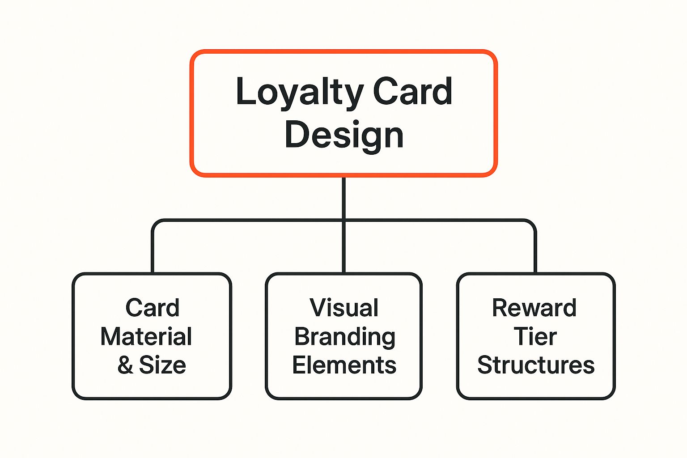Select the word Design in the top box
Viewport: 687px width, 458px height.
[344, 135]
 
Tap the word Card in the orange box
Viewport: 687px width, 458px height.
[412, 92]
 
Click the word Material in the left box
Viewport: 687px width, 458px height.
[146, 336]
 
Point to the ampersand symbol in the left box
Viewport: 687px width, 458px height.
[125, 365]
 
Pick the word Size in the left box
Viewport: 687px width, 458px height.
[162, 365]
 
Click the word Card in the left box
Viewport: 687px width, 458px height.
[152, 308]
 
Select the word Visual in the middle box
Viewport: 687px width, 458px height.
[344, 308]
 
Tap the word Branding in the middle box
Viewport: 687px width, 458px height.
[344, 337]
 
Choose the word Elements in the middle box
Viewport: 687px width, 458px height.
[344, 365]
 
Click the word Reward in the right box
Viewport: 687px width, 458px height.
[534, 308]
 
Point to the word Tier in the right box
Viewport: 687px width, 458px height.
[535, 336]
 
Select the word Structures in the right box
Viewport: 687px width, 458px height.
[536, 365]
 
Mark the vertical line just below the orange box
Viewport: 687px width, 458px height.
[343, 197]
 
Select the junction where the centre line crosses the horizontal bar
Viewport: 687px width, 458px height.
[343, 220]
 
